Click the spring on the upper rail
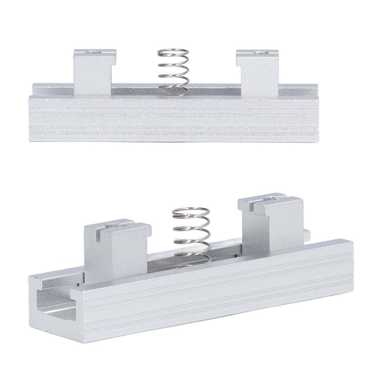(x=172, y=71)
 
